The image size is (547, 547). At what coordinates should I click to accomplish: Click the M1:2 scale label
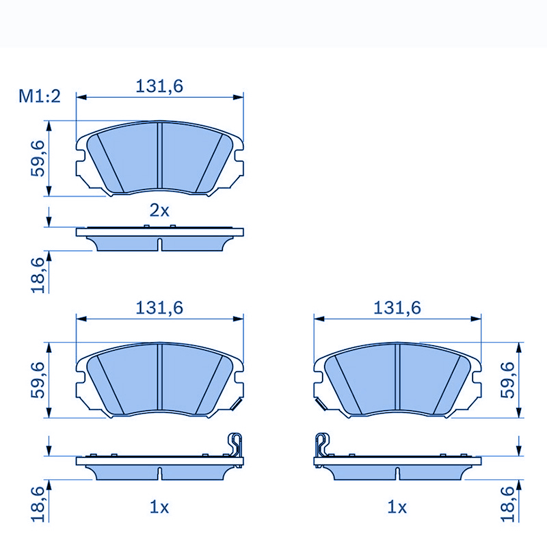tap(40, 96)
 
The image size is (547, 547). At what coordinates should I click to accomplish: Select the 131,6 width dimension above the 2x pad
tap(160, 86)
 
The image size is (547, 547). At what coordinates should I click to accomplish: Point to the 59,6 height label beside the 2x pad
tap(39, 158)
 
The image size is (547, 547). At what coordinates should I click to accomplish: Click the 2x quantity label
tap(159, 211)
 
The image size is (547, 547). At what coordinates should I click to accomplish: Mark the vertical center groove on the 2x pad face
tap(159, 158)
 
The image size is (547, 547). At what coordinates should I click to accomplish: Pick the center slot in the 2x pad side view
tap(159, 244)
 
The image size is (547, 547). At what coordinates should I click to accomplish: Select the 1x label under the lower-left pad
tap(159, 507)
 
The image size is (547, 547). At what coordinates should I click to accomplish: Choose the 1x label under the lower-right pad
tap(397, 507)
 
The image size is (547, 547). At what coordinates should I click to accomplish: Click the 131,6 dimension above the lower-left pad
tap(160, 308)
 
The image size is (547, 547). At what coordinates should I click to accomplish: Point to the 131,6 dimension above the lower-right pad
tap(397, 308)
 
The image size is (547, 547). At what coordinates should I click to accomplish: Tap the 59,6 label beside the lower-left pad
tap(39, 380)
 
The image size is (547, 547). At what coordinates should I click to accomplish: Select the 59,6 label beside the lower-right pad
tap(508, 380)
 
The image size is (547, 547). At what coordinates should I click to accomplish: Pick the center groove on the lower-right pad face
tap(397, 380)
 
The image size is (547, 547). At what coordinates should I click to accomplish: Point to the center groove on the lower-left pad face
tap(159, 380)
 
